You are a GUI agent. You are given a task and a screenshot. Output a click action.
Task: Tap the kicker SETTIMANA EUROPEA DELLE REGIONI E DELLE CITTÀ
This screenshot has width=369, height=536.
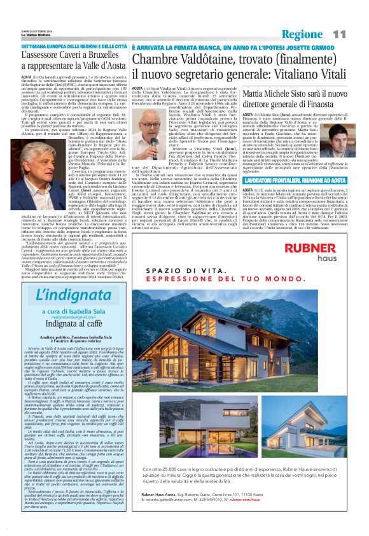tap(74, 47)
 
